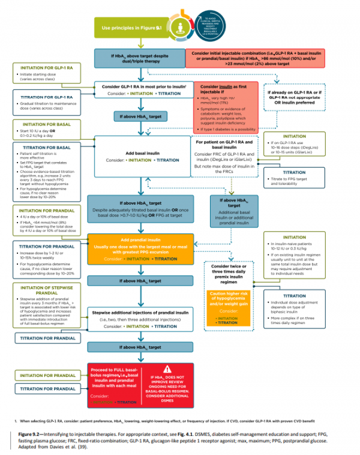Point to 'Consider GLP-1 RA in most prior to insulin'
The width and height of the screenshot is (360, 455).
tap(142, 87)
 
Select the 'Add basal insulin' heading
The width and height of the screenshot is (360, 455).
tap(142, 154)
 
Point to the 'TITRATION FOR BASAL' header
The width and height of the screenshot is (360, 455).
tap(47, 147)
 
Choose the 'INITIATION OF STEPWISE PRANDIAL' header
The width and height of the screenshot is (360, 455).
tap(47, 291)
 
